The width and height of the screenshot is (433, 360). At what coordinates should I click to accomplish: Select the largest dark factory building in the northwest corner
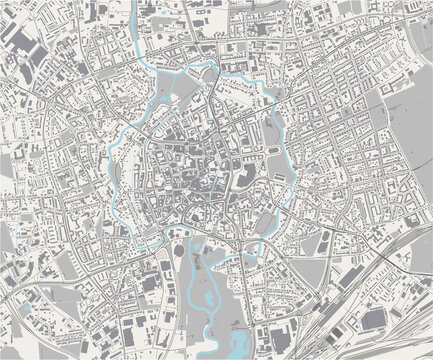pos(20,40)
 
